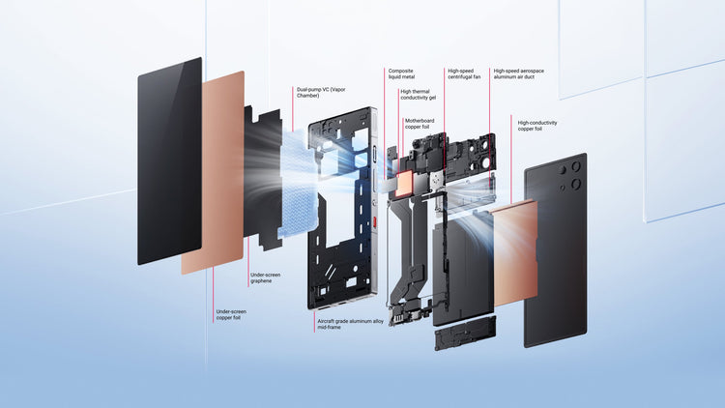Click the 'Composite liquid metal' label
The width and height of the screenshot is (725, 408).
tap(401, 74)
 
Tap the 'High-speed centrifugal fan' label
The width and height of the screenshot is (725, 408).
tap(464, 74)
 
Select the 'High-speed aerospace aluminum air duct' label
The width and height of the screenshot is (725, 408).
tap(518, 74)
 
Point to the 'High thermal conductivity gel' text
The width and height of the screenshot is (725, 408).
tap(418, 95)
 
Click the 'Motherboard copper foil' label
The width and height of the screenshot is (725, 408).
tap(420, 124)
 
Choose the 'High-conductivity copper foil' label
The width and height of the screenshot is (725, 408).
tap(537, 126)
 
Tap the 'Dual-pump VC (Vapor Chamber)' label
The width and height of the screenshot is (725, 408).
tap(321, 93)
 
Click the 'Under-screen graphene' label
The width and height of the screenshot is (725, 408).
tap(266, 278)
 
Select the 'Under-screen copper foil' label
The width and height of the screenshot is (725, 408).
tap(231, 315)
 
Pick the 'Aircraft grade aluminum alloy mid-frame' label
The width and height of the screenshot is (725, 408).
tap(351, 324)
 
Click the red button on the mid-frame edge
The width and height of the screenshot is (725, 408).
tap(374, 222)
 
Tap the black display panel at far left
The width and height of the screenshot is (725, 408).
tap(170, 161)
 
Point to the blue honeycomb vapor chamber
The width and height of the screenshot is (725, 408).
tap(299, 183)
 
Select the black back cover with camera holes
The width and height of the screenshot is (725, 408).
tap(556, 250)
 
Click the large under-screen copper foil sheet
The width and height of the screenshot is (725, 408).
tap(213, 172)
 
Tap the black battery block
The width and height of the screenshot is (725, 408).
tap(463, 269)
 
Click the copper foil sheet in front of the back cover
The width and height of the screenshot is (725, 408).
tap(514, 253)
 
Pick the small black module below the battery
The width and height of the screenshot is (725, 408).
tap(465, 333)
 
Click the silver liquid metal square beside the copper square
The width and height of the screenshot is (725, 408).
tap(390, 185)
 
